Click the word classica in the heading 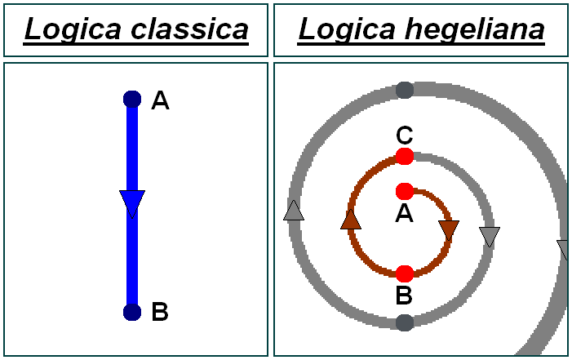(188, 29)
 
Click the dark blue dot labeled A (132, 100)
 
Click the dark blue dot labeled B (132, 312)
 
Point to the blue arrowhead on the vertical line (132, 202)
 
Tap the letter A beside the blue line (161, 100)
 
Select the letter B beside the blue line (160, 312)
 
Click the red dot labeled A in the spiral (404, 192)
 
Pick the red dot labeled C (404, 156)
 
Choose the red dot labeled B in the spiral (404, 273)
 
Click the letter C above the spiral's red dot (404, 135)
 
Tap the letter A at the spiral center (404, 214)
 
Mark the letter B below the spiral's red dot (404, 296)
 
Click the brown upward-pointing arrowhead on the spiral (350, 219)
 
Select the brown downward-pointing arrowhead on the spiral (449, 230)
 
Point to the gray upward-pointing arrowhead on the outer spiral (294, 211)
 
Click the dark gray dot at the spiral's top (404, 90)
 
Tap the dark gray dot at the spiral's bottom (404, 322)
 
